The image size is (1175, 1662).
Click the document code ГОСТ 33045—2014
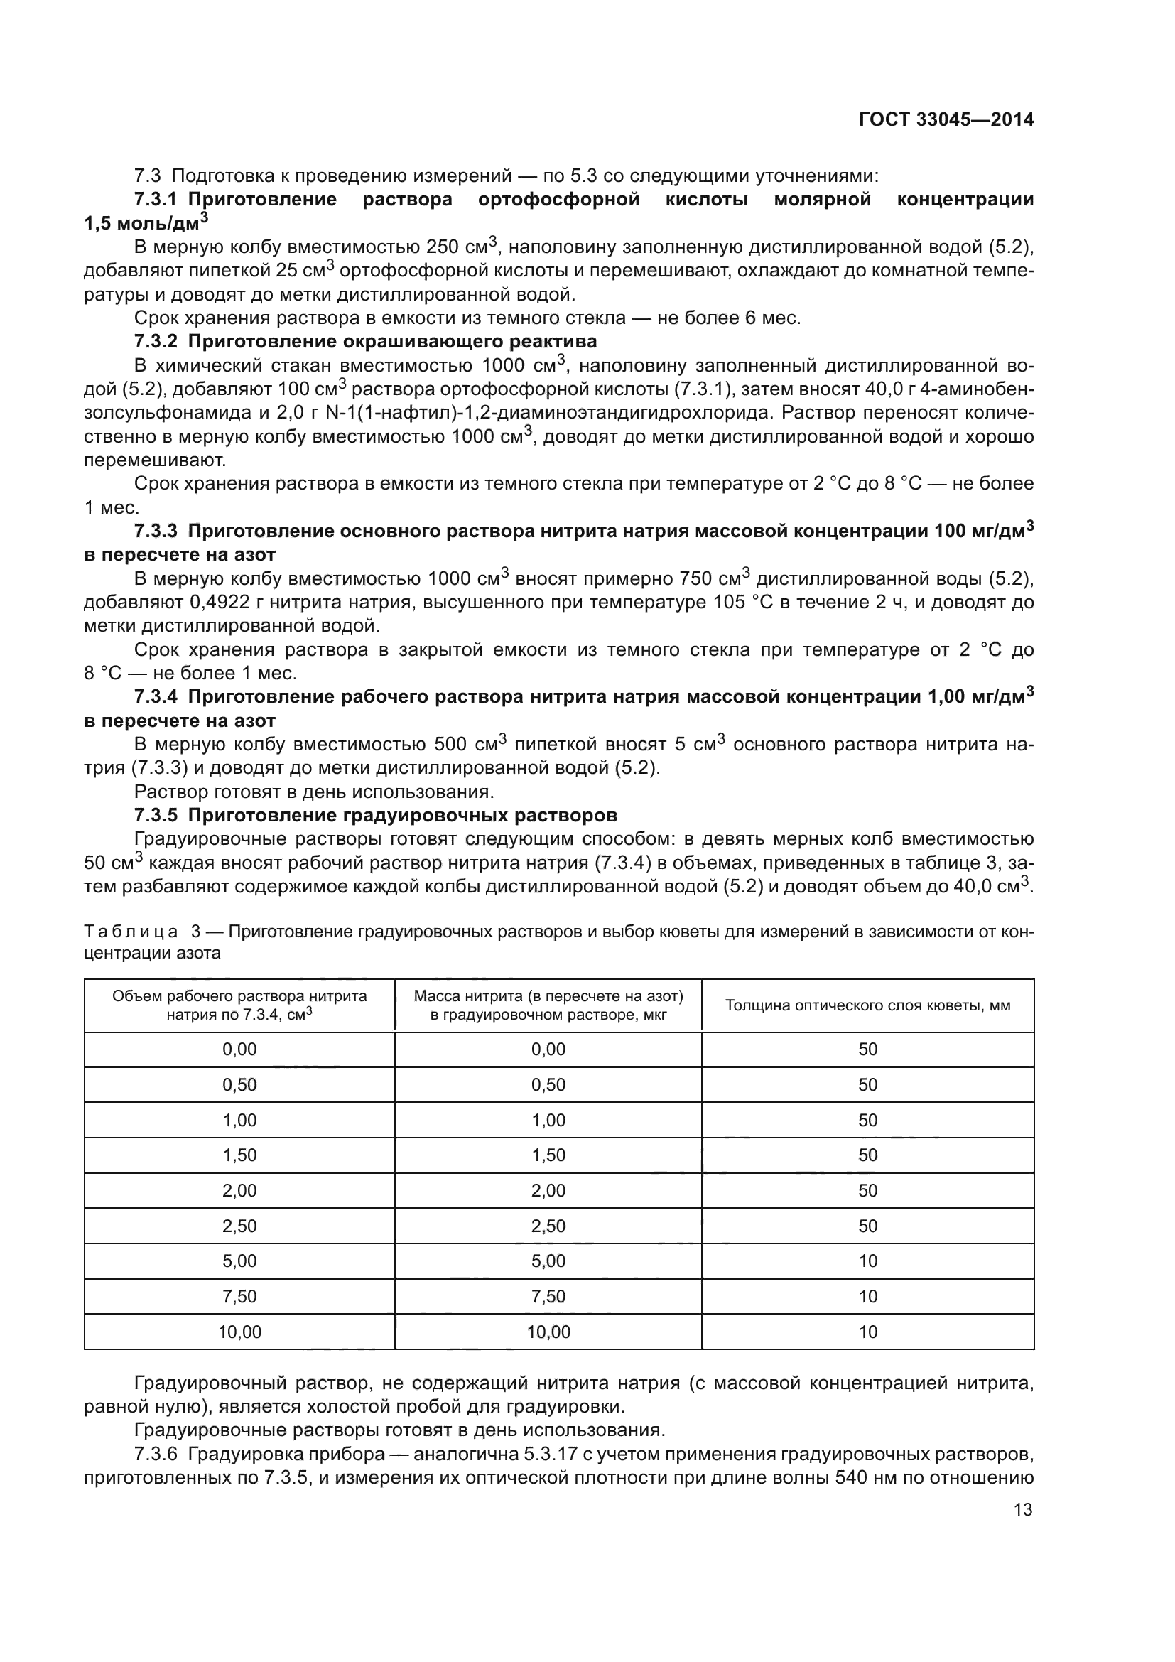pyautogui.click(x=946, y=120)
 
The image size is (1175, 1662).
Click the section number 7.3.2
pyautogui.click(x=156, y=341)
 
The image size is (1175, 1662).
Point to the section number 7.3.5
pyautogui.click(x=156, y=815)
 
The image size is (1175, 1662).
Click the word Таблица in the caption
pyautogui.click(x=131, y=931)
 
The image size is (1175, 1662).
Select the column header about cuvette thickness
pyautogui.click(x=867, y=1005)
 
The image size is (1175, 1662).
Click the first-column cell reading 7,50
pyautogui.click(x=239, y=1297)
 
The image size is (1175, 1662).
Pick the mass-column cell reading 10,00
pyautogui.click(x=548, y=1332)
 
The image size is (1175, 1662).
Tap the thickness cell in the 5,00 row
pyautogui.click(x=867, y=1261)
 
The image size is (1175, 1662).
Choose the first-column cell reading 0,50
pyautogui.click(x=239, y=1084)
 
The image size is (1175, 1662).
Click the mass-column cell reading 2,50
pyautogui.click(x=548, y=1226)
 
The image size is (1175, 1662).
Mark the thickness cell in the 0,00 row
pyautogui.click(x=867, y=1049)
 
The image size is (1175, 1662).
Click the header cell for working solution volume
pyautogui.click(x=239, y=1005)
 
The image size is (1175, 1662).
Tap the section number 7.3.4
pyautogui.click(x=156, y=696)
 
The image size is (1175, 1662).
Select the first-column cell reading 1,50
pyautogui.click(x=239, y=1155)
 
